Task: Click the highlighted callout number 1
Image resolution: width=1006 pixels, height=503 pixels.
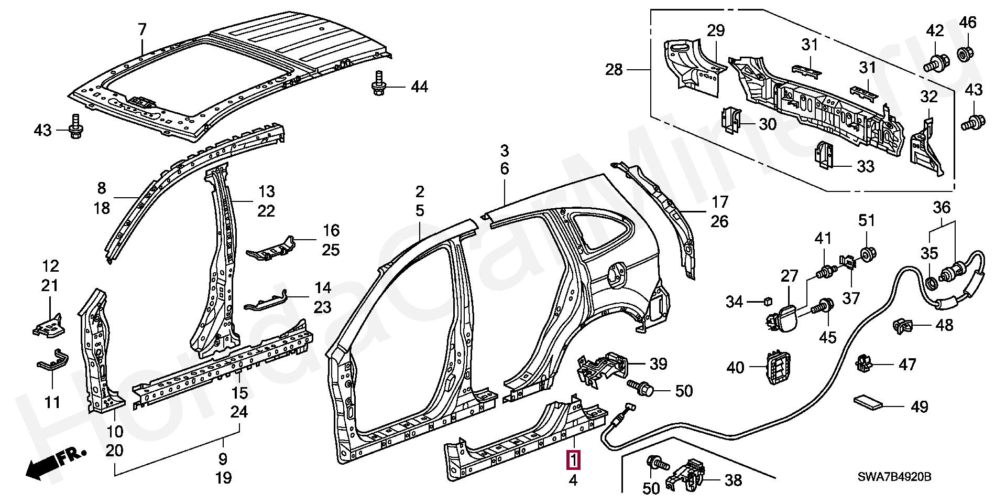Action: [x=574, y=461]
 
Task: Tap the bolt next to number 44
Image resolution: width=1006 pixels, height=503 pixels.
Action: [x=378, y=83]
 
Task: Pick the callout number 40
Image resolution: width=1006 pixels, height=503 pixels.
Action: [x=735, y=367]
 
